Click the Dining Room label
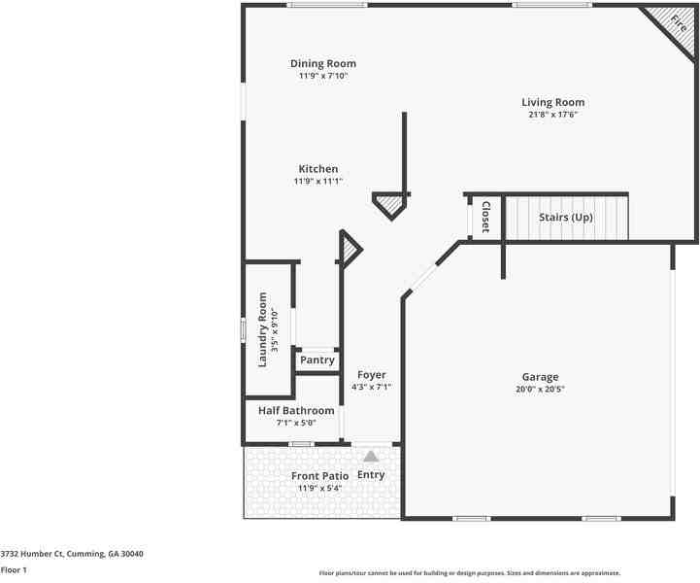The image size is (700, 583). click(x=322, y=64)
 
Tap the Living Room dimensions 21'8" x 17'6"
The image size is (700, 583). click(x=552, y=115)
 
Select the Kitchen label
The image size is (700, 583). click(x=317, y=169)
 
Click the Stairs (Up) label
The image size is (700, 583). click(x=565, y=218)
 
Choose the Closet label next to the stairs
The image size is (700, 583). click(x=484, y=217)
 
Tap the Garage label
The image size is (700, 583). click(x=540, y=377)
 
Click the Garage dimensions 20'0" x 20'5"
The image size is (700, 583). click(x=540, y=389)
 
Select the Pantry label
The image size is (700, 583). click(x=317, y=360)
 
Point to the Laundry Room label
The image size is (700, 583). click(x=262, y=329)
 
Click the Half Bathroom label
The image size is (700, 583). click(x=296, y=411)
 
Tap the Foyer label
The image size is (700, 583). click(x=371, y=375)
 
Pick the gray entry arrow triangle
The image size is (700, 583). click(x=371, y=455)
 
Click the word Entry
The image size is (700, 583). click(x=371, y=475)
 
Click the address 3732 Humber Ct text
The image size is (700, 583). click(x=72, y=554)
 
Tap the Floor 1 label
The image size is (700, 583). click(x=14, y=570)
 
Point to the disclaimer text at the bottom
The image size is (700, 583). click(x=470, y=573)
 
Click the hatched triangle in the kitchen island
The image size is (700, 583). click(x=389, y=204)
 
